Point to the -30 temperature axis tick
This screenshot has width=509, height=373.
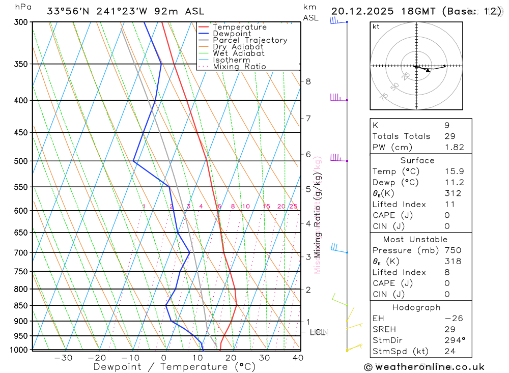pos(63,358)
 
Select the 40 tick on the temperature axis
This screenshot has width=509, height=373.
pos(298,358)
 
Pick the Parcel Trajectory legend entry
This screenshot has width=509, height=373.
pos(250,40)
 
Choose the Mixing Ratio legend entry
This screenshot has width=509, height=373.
pos(239,67)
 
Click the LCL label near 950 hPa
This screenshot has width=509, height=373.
pos(318,332)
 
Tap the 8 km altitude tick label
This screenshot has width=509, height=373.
pos(308,81)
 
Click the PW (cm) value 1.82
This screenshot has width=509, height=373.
pos(454,147)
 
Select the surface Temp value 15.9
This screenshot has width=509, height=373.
pos(454,171)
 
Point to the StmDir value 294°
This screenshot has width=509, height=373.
pos(454,340)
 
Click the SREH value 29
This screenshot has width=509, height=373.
pos(449,329)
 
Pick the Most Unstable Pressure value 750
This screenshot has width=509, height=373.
pos(453,250)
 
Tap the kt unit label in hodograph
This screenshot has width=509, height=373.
pos(376,27)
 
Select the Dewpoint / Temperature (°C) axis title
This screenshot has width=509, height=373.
pos(175,367)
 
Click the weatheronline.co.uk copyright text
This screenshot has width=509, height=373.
pos(424,367)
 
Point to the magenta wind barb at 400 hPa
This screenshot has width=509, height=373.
pos(336,97)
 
